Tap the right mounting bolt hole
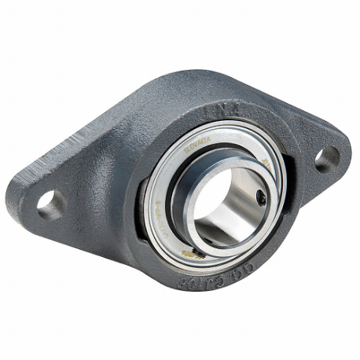tap(327, 158)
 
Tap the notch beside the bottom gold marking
tap(206, 255)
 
